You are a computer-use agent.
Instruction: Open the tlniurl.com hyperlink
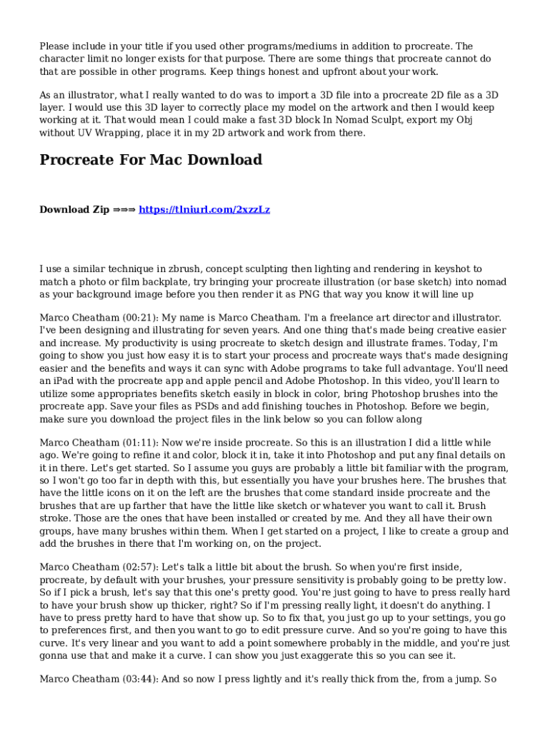[x=204, y=210]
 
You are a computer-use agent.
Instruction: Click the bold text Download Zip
[x=74, y=210]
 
